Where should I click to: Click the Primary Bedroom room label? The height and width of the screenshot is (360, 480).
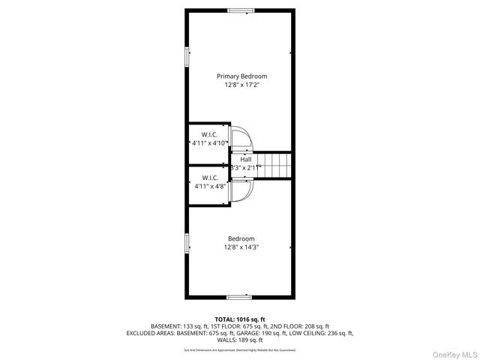pyautogui.click(x=241, y=76)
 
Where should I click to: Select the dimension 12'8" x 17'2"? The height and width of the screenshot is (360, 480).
pyautogui.click(x=241, y=85)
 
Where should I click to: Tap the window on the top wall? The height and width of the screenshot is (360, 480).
pyautogui.click(x=240, y=10)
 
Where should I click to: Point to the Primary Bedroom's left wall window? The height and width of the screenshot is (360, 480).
pyautogui.click(x=187, y=58)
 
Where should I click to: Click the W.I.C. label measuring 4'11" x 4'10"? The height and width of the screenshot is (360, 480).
pyautogui.click(x=209, y=134)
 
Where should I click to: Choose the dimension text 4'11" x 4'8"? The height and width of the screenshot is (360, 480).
pyautogui.click(x=209, y=185)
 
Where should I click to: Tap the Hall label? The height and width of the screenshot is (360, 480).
pyautogui.click(x=246, y=160)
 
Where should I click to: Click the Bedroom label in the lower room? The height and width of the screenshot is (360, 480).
pyautogui.click(x=241, y=238)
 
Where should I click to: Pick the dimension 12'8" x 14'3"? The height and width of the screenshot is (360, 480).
pyautogui.click(x=241, y=247)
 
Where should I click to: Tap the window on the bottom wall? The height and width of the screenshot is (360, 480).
pyautogui.click(x=240, y=297)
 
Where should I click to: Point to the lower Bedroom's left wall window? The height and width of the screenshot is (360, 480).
pyautogui.click(x=187, y=244)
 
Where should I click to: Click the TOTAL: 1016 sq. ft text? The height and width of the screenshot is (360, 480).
pyautogui.click(x=240, y=319)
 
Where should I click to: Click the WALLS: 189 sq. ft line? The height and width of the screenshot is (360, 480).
pyautogui.click(x=240, y=340)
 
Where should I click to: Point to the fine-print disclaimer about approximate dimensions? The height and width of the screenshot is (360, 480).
pyautogui.click(x=240, y=349)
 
